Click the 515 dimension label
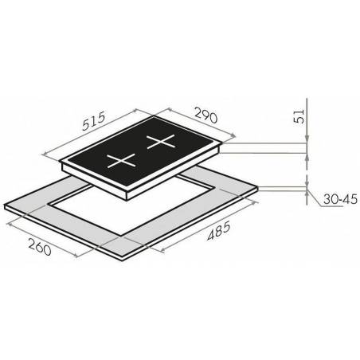tap(94, 121)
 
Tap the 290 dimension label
tap(206, 115)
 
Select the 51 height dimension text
tap(299, 116)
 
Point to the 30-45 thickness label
tap(341, 199)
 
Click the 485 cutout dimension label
tap(219, 231)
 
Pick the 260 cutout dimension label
tap(40, 247)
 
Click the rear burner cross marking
tap(161, 142)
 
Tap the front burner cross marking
tap(122, 161)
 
